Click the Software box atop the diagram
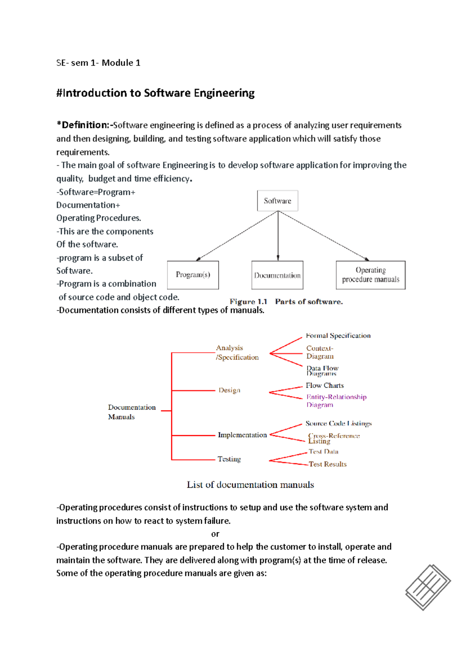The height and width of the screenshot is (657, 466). [x=277, y=201]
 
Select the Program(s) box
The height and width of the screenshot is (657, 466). [x=193, y=275]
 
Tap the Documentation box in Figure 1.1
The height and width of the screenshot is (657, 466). [x=277, y=275]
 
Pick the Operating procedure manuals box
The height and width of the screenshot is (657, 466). [x=370, y=275]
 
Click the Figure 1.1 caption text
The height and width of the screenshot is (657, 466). [x=286, y=301]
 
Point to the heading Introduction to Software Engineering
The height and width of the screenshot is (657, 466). [x=155, y=93]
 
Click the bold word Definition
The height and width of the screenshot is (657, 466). [x=83, y=125]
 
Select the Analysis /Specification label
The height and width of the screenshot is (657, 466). [x=237, y=353]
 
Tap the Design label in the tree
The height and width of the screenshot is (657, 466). [x=229, y=390]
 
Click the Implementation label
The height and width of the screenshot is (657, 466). [x=242, y=435]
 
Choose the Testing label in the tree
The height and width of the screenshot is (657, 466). [x=229, y=459]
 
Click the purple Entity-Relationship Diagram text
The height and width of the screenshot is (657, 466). [x=336, y=401]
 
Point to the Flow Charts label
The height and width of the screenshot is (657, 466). [x=325, y=385]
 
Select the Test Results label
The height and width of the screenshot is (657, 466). [x=327, y=464]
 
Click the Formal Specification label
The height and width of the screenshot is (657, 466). [x=338, y=335]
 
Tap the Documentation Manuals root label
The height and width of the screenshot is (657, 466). [x=131, y=412]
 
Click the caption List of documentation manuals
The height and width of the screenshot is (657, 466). [x=250, y=485]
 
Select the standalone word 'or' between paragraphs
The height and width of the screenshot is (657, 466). [x=215, y=534]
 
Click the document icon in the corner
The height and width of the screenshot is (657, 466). [x=428, y=587]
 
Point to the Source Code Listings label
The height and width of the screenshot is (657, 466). [x=338, y=423]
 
